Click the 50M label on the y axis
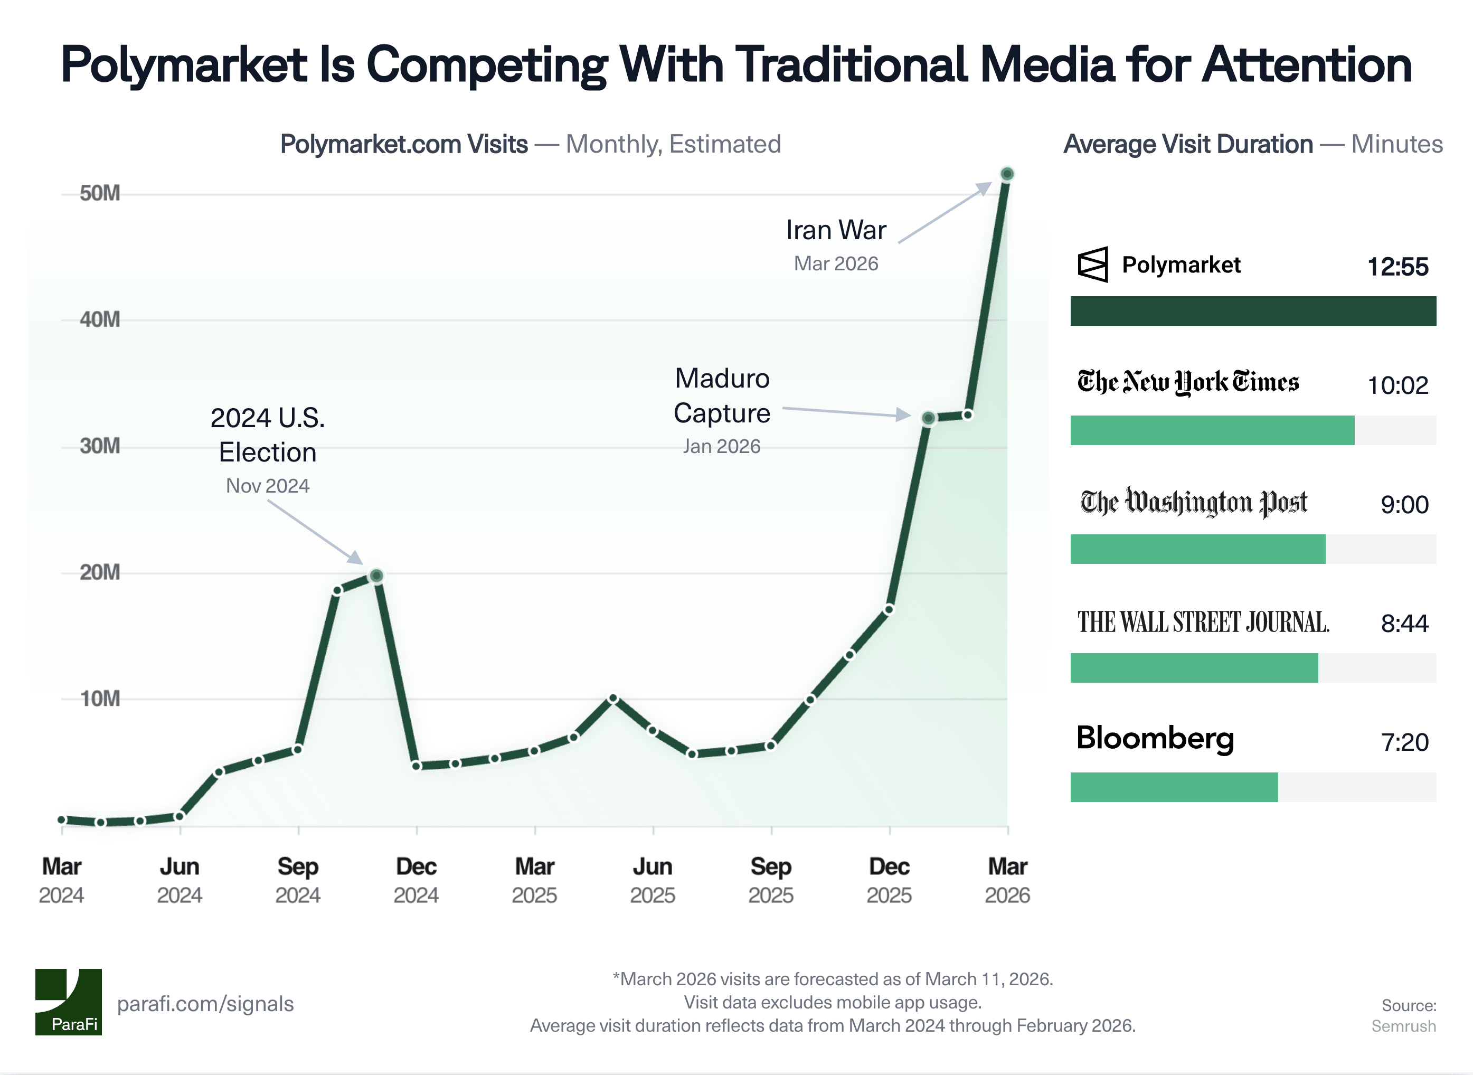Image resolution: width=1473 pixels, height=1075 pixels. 100,193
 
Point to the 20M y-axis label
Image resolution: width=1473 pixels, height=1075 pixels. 100,573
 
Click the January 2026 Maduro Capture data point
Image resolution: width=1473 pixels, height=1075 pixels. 929,418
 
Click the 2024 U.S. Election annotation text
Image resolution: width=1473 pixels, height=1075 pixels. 267,435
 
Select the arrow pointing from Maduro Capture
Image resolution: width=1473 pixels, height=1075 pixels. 846,412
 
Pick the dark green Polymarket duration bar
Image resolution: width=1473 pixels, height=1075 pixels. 1252,311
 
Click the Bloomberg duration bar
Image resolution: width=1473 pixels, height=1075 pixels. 1174,787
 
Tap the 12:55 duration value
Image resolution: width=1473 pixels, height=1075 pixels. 1398,267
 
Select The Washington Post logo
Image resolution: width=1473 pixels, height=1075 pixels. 1194,502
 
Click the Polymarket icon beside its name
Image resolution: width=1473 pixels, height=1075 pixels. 1092,265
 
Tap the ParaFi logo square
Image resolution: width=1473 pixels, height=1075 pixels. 68,1002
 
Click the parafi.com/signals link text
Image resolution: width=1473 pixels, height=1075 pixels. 205,1004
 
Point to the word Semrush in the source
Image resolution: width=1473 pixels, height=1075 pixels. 1403,1026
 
